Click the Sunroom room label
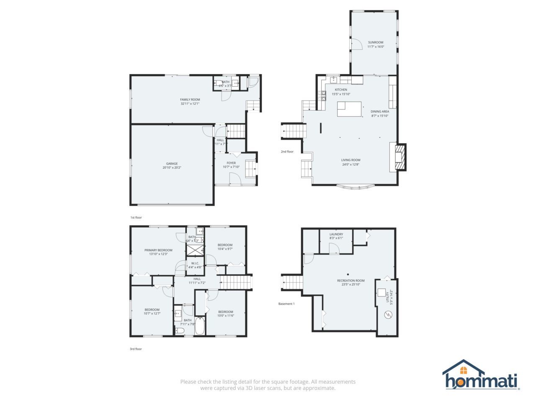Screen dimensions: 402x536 tap(376, 42)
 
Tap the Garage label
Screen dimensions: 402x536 tap(172, 164)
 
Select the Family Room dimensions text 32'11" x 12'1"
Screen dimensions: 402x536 tap(190, 103)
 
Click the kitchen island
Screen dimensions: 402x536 tap(350, 108)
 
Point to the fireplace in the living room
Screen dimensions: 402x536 tap(400, 157)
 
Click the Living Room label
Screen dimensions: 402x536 tap(350, 160)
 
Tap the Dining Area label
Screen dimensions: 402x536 tap(380, 111)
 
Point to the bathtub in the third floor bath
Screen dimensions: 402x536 tap(200, 327)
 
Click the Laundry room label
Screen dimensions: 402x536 tap(336, 234)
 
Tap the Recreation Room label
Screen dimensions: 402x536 tap(351, 281)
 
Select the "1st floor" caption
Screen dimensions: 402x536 tap(136, 218)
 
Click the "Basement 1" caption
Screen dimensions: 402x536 tap(287, 304)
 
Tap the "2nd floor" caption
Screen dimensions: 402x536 tap(287, 152)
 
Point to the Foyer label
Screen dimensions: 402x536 tap(231, 163)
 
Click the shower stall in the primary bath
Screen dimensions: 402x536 tap(194, 250)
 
